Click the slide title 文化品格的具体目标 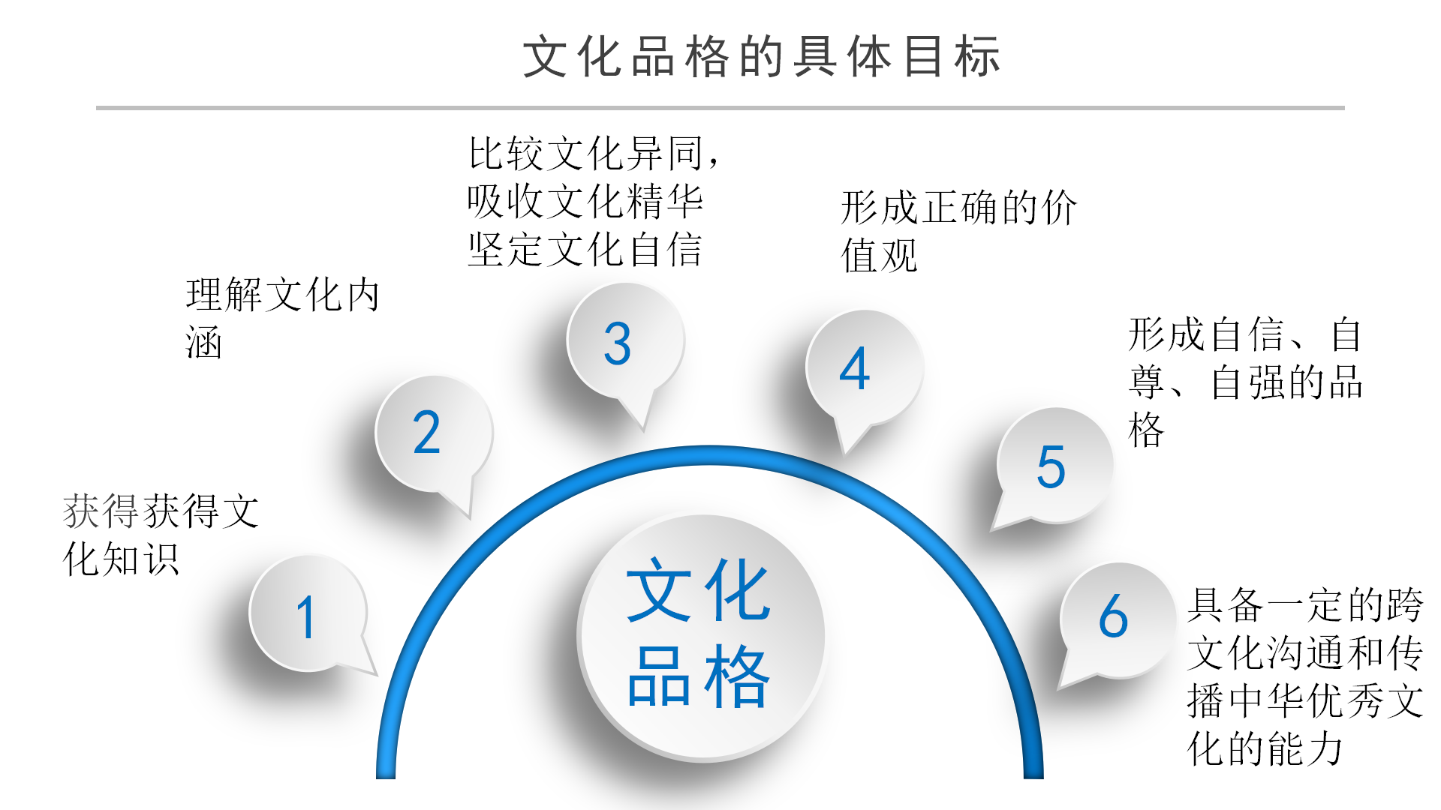pos(761,57)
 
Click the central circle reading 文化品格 pos(701,636)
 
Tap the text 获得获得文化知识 pos(161,535)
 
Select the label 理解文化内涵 pos(282,318)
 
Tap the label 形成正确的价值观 pos(958,231)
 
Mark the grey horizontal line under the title pos(720,108)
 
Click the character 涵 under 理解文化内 pos(204,343)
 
